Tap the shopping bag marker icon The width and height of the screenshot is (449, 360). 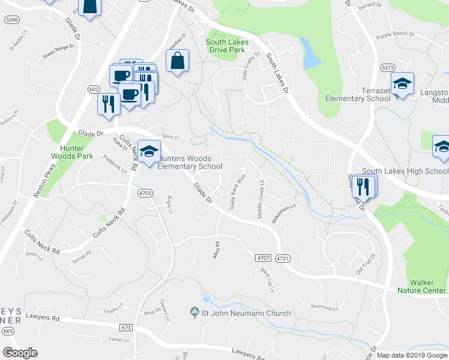pyautogui.click(x=177, y=61)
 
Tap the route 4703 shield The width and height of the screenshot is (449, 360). pyautogui.click(x=145, y=193)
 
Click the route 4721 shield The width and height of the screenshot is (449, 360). pyautogui.click(x=283, y=258)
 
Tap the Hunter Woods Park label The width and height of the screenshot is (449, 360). pyautogui.click(x=76, y=151)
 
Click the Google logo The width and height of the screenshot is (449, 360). pyautogui.click(x=20, y=353)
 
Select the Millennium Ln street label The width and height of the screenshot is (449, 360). pyautogui.click(x=284, y=214)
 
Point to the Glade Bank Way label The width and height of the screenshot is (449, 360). pyautogui.click(x=238, y=193)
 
